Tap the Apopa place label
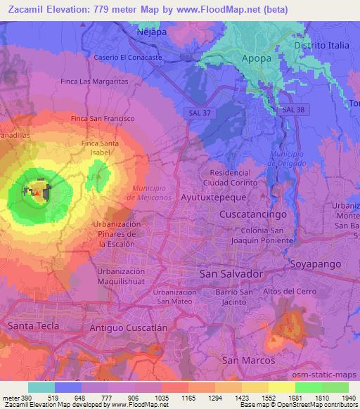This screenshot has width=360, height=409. [x=256, y=58]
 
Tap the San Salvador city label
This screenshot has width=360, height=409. [x=231, y=272]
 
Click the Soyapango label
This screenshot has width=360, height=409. [x=316, y=264]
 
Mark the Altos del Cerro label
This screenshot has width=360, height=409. [x=285, y=290]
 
